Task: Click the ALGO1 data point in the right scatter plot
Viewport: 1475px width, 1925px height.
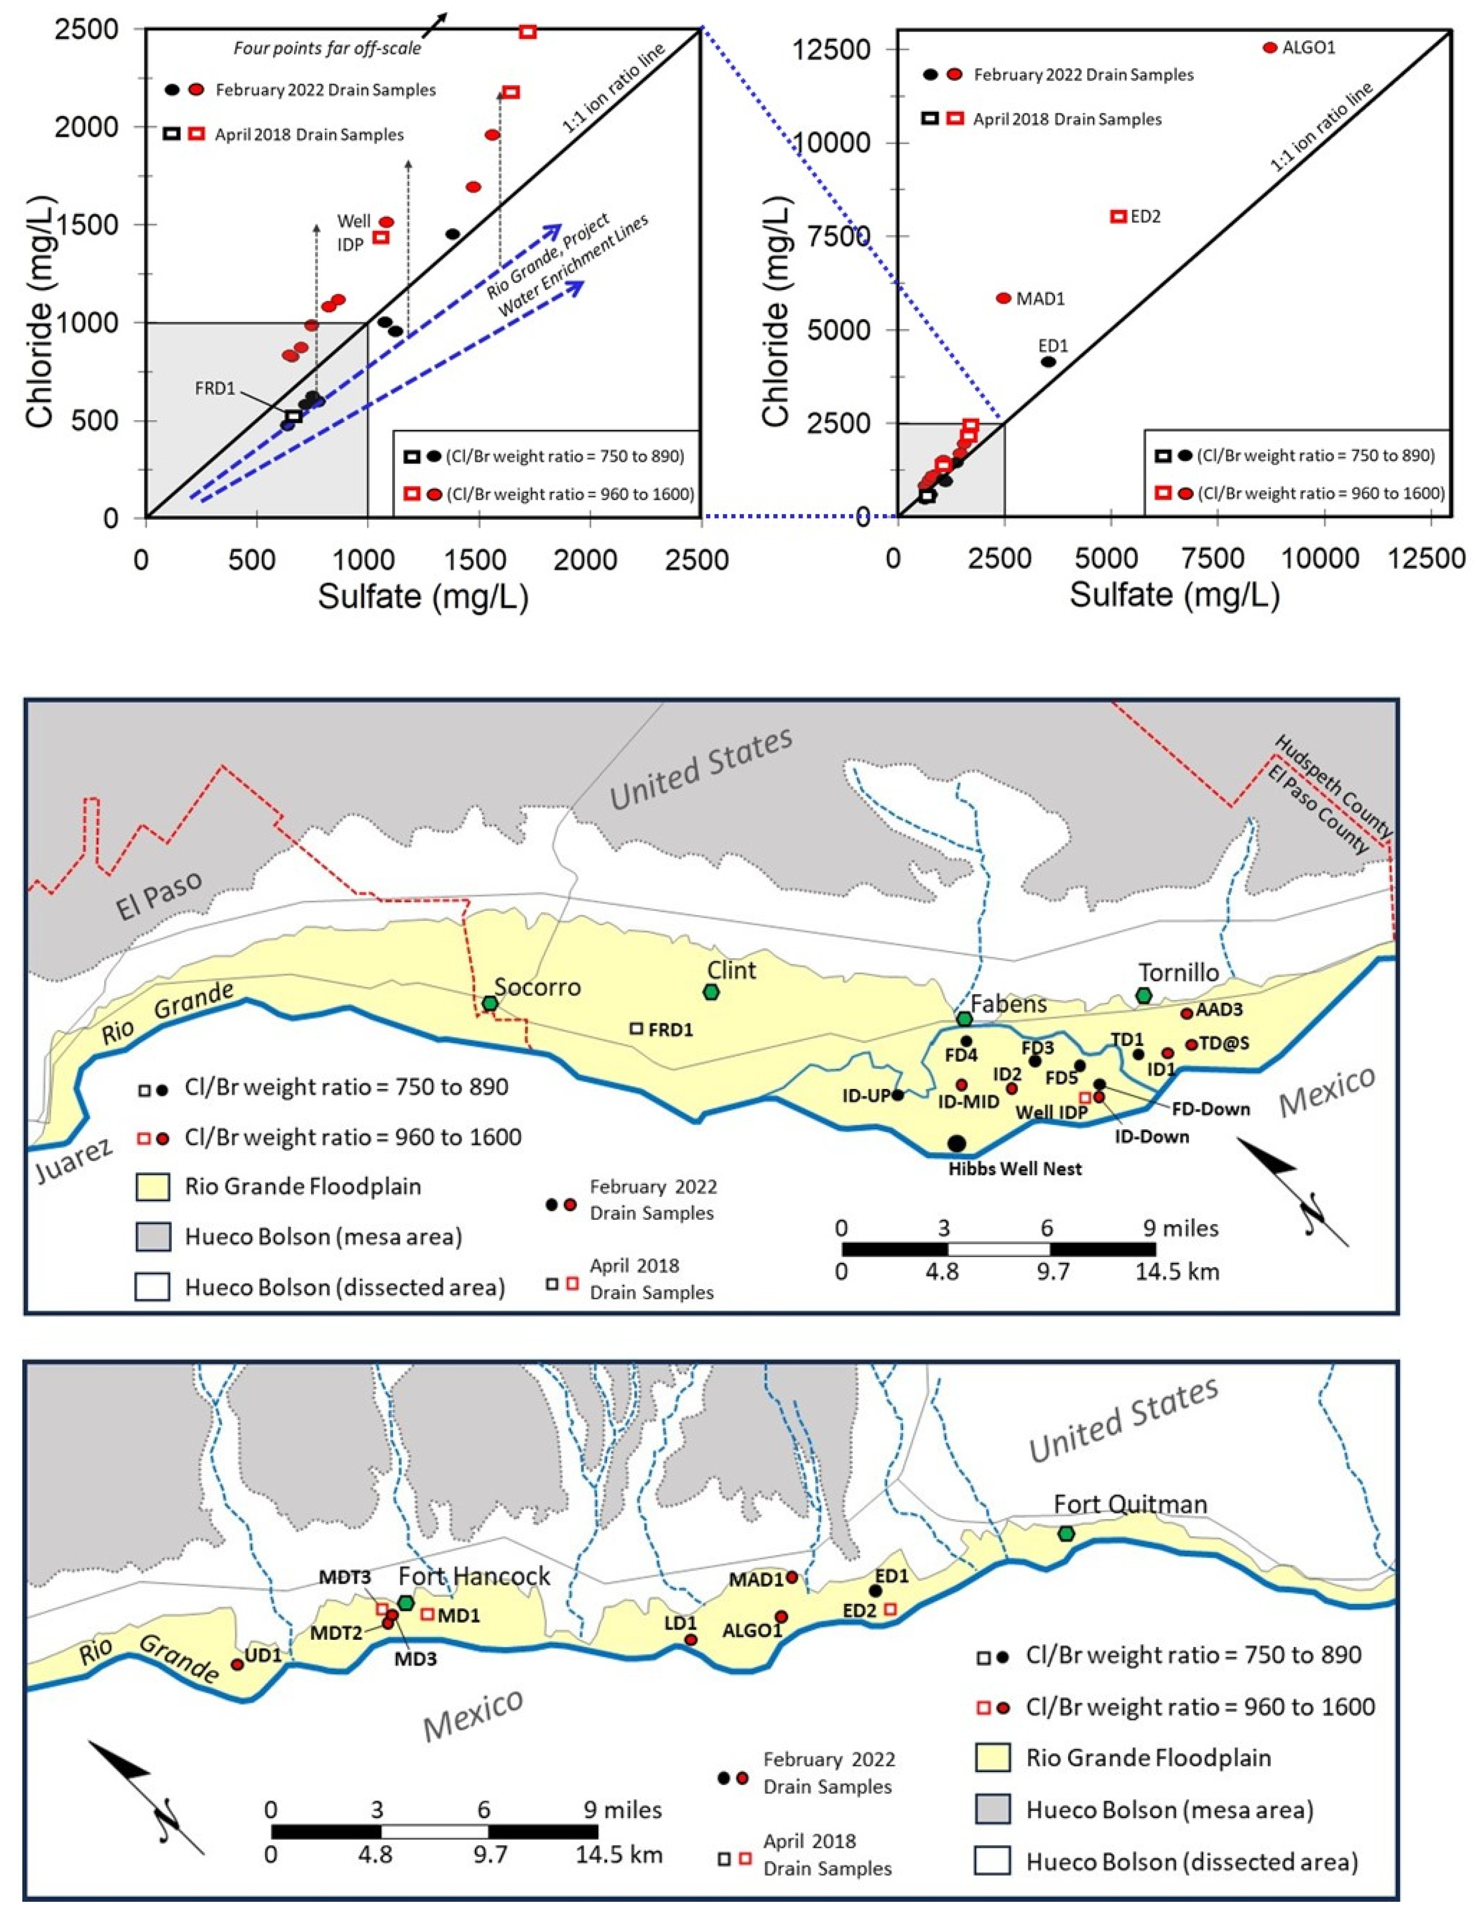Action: tap(1269, 47)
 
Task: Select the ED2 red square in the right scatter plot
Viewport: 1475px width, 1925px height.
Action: tap(1117, 216)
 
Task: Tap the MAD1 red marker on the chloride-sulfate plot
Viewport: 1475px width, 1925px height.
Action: tap(1003, 298)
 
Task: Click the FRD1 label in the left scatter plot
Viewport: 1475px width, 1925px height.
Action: tap(215, 388)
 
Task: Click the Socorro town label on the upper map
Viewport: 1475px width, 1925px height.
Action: tap(537, 987)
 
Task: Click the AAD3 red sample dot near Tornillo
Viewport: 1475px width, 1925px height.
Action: tap(1186, 1014)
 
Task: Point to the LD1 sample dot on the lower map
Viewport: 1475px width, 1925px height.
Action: tap(691, 1639)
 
